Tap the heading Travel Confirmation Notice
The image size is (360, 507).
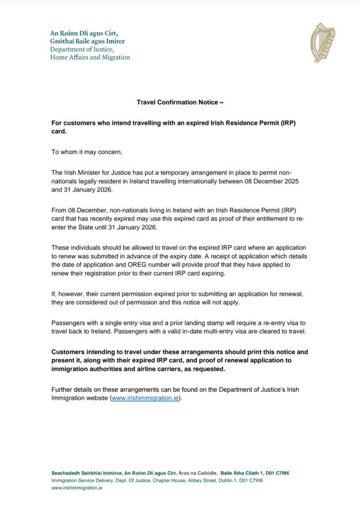(x=180, y=102)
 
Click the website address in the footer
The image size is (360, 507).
(x=77, y=488)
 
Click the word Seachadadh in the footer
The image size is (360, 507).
(x=66, y=473)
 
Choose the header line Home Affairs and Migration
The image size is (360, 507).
(x=90, y=57)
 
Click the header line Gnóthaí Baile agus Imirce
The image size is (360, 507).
(x=87, y=41)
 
